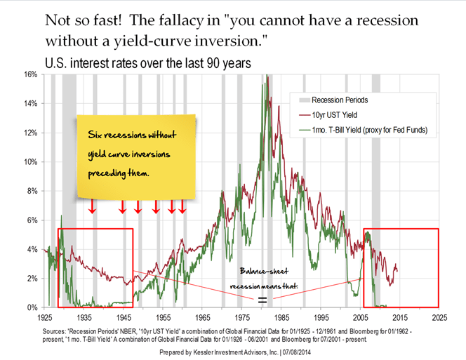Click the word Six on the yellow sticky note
pos(98,134)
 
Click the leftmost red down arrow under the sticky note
pos(92,207)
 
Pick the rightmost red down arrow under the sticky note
pos(182,207)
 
